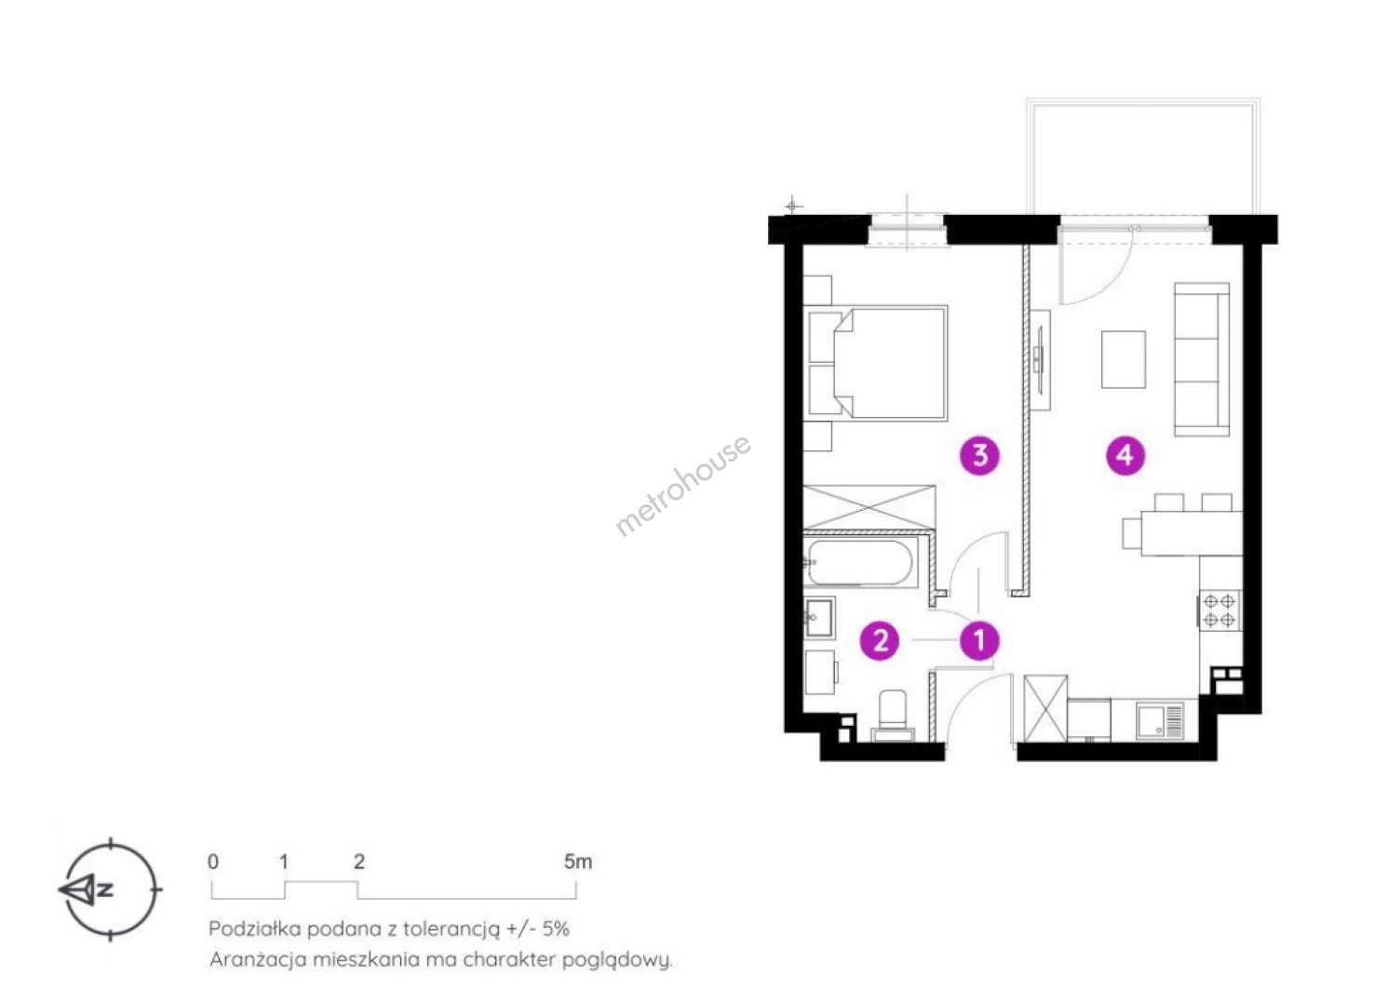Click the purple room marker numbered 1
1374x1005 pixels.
pos(979,641)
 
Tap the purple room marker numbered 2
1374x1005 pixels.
pos(881,640)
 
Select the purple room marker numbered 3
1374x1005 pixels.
pos(980,455)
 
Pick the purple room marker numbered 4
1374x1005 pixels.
pos(1125,455)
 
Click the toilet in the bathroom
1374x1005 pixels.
pos(893,716)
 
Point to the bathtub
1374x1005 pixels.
pos(860,562)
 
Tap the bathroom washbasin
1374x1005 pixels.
pos(819,617)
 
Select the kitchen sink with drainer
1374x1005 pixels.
pos(1160,722)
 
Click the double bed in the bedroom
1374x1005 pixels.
pos(878,363)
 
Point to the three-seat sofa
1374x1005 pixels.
pos(1202,359)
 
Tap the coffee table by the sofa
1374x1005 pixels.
pos(1123,359)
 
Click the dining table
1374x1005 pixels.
pos(1192,533)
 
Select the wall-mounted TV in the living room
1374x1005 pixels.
pos(1040,359)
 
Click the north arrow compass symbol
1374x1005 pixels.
pos(111,889)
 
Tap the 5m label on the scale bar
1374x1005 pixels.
pos(578,862)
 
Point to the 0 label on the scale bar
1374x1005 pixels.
pos(213,862)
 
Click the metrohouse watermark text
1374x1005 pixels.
pos(682,485)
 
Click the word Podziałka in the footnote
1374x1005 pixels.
pos(254,929)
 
